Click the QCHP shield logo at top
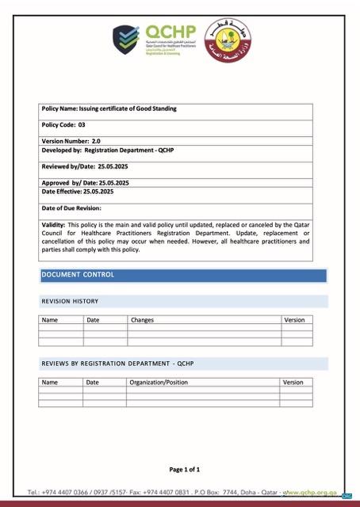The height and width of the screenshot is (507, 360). click(x=125, y=38)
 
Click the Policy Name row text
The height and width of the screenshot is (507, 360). click(x=109, y=108)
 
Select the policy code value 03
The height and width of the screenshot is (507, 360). click(x=81, y=125)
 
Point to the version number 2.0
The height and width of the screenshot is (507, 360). click(x=96, y=140)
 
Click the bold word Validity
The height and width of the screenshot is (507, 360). click(x=55, y=225)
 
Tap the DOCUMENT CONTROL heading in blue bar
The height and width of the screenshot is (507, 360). click(x=78, y=275)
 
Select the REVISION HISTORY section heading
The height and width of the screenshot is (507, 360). click(x=70, y=301)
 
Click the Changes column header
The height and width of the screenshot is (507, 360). click(x=143, y=320)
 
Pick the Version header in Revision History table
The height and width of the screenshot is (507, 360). click(x=294, y=320)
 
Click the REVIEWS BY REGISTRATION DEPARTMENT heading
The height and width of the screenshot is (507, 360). click(x=117, y=364)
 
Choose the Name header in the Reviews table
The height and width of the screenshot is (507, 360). click(x=50, y=382)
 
